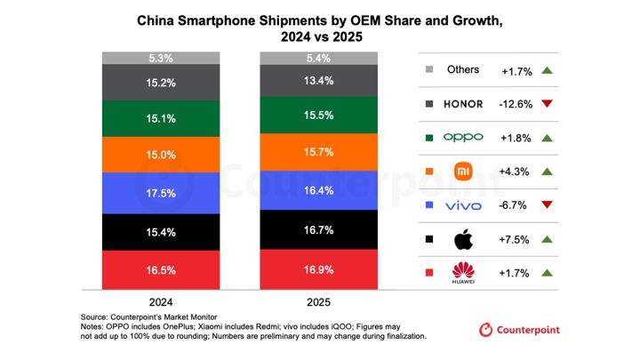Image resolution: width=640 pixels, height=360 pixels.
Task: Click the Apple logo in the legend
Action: click(462, 239)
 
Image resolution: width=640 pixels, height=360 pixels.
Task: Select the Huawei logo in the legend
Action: click(462, 273)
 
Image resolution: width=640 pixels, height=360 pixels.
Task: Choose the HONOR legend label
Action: click(462, 103)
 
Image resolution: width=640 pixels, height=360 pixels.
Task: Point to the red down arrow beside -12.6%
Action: click(547, 103)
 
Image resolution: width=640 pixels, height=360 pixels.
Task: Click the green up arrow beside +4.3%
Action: click(547, 172)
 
